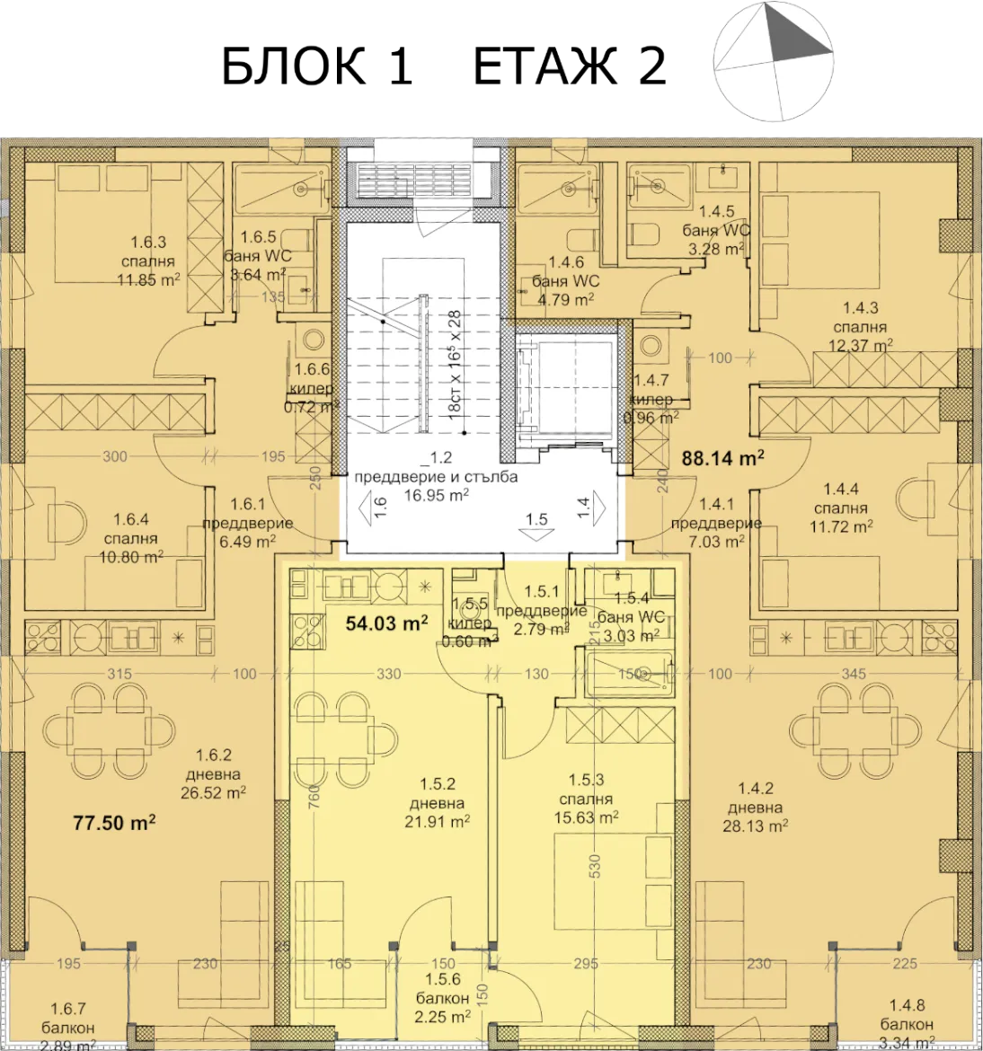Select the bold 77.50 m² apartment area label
tap(114, 821)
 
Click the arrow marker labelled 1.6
tap(372, 509)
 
